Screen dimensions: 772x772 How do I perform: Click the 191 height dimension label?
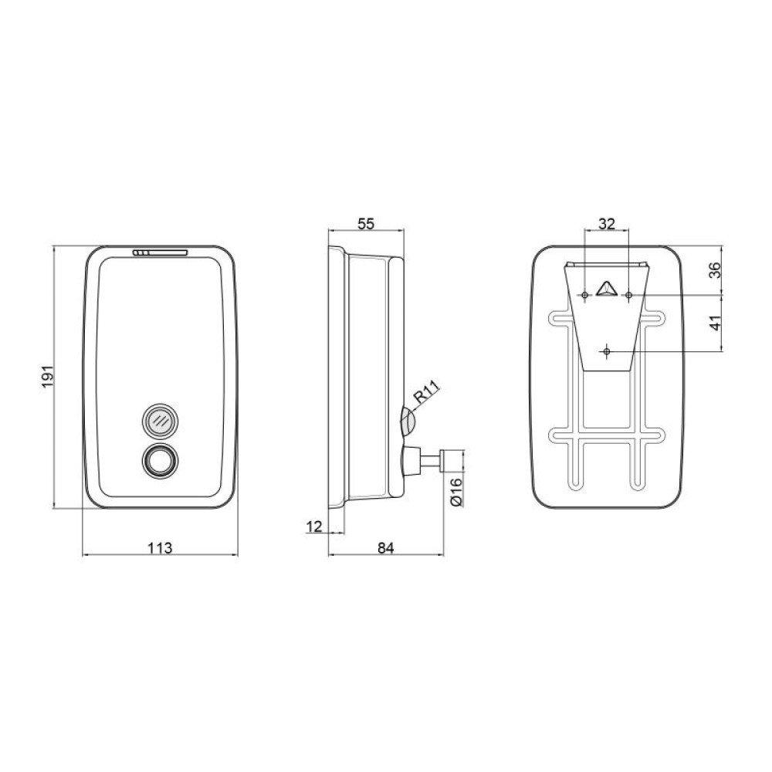pyautogui.click(x=47, y=376)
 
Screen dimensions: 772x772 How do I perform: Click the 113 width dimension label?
pyautogui.click(x=161, y=547)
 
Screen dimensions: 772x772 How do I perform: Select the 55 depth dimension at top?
pyautogui.click(x=366, y=224)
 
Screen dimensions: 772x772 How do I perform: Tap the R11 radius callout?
pyautogui.click(x=426, y=394)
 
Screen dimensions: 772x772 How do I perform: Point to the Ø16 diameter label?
pyautogui.click(x=456, y=491)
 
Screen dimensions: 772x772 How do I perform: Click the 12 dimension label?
pyautogui.click(x=314, y=527)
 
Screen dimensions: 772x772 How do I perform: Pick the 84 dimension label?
pyautogui.click(x=386, y=547)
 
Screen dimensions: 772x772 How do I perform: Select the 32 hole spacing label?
pyautogui.click(x=607, y=224)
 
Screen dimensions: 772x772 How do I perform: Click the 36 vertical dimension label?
pyautogui.click(x=716, y=269)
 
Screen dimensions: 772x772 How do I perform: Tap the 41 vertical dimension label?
pyautogui.click(x=716, y=323)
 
